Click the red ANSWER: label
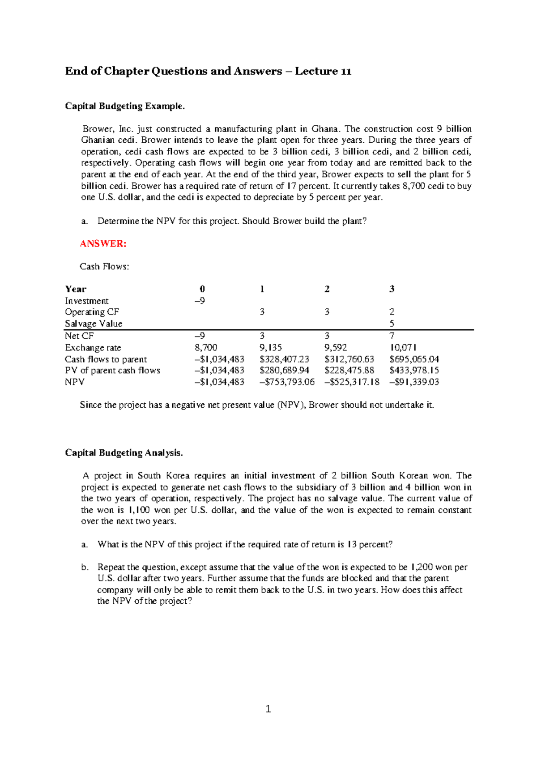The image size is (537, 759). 103,244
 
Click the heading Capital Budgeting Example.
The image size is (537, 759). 124,106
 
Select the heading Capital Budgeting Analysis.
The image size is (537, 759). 124,453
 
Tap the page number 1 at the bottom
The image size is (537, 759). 268,708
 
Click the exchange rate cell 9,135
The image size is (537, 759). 270,348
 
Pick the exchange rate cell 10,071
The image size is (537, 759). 403,348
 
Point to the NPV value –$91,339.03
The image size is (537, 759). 414,382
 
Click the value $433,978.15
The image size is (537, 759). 414,371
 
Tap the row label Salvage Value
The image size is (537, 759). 94,324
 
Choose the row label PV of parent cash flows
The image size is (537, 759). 112,371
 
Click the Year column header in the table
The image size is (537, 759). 76,289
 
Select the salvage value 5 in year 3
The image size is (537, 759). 392,324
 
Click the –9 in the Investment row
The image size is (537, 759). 200,301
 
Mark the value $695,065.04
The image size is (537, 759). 414,359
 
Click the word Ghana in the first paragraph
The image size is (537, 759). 324,129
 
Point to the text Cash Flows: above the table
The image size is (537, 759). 104,267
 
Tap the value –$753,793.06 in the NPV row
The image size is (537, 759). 287,382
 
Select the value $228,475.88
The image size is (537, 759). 349,371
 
